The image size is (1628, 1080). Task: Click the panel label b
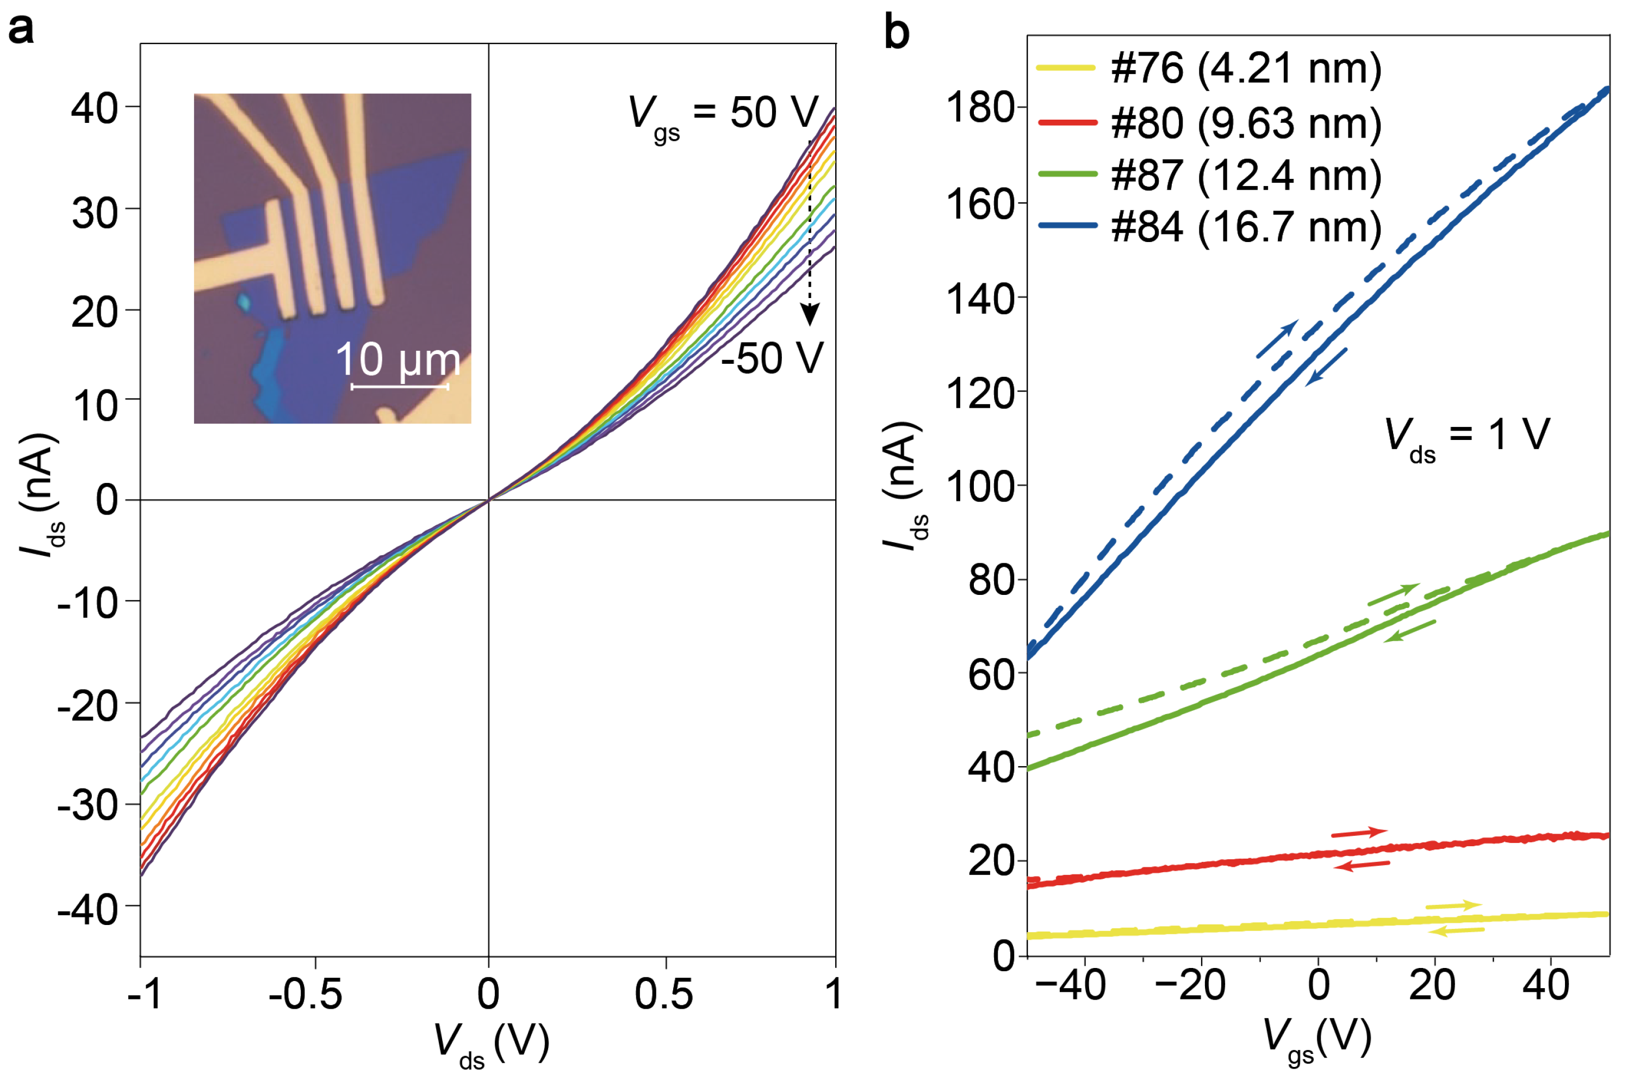tap(896, 33)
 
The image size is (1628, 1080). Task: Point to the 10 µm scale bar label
tap(398, 359)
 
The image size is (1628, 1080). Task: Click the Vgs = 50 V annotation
tap(723, 114)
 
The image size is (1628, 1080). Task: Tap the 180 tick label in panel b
tap(981, 108)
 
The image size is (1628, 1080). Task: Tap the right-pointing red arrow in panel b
tap(1358, 833)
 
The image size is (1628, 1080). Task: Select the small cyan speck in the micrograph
tap(244, 301)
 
